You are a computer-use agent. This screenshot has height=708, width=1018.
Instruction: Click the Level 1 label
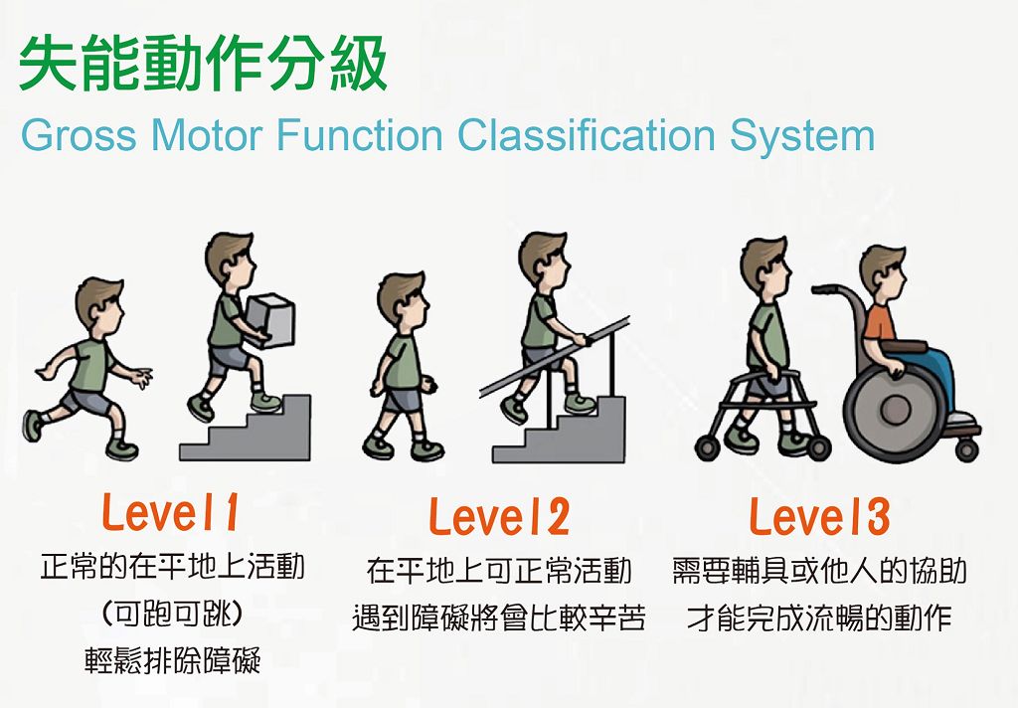pos(170,513)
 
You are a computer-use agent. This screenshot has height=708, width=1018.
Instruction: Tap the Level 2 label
pos(499,517)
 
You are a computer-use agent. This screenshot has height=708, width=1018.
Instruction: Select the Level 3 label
pos(819,517)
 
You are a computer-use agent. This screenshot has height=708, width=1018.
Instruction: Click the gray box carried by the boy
pos(270,321)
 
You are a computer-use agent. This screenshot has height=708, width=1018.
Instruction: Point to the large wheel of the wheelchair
pos(895,411)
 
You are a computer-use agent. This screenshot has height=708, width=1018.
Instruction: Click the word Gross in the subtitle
pos(79,135)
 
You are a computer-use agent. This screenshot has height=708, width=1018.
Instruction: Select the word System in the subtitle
pos(802,136)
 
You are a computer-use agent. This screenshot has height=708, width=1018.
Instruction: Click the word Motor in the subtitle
pos(207,135)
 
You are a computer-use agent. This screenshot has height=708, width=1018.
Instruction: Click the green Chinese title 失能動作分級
pos(203,63)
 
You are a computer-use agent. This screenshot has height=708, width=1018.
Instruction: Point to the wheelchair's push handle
pos(828,289)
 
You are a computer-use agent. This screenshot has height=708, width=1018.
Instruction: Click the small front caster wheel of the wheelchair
pos(966,448)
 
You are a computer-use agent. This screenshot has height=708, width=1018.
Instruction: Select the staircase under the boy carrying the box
pos(246,429)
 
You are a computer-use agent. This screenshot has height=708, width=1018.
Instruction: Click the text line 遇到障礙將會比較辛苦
pos(499,618)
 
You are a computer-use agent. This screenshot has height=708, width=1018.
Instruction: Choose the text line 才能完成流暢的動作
pos(819,618)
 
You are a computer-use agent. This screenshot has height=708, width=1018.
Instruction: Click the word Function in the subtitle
pos(360,135)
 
